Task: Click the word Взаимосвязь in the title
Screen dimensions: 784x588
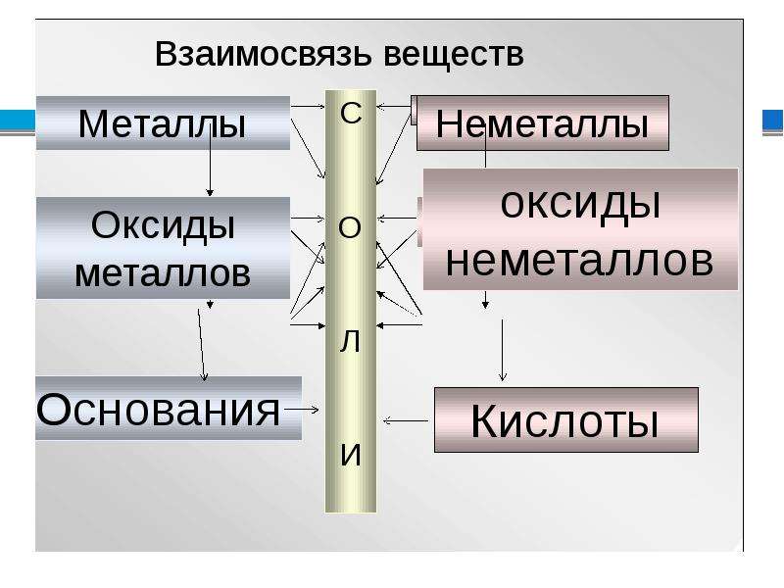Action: (x=264, y=54)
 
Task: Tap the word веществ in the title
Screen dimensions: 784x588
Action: (x=454, y=54)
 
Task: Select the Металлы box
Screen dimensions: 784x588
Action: (x=163, y=123)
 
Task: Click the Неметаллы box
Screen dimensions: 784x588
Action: (x=543, y=123)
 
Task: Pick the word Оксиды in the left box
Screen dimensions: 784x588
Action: (x=163, y=225)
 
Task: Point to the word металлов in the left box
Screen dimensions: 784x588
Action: (x=163, y=273)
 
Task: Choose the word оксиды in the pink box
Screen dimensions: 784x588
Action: (x=580, y=205)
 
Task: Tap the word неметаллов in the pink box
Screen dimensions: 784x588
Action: (x=579, y=262)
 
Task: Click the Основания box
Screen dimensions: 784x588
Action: (x=169, y=409)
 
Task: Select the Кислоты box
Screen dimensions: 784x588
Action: (x=566, y=420)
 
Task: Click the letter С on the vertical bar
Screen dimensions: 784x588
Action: (x=351, y=113)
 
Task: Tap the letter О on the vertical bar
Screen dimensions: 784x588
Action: (x=350, y=228)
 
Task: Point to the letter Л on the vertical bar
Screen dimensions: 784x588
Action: (x=350, y=341)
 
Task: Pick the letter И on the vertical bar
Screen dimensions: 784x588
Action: (x=351, y=455)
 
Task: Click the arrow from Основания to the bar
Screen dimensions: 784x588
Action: (x=301, y=410)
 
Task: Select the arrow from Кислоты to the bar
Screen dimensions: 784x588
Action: (x=406, y=421)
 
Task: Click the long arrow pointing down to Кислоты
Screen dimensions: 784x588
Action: (x=503, y=351)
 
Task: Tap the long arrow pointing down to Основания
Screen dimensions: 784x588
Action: (x=201, y=345)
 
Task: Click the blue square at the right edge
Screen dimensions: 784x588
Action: (x=772, y=121)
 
